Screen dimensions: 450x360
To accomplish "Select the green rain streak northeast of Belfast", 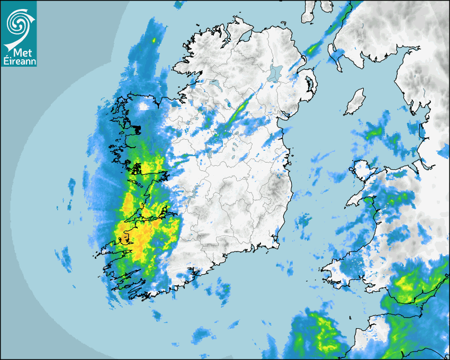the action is click(x=314, y=49).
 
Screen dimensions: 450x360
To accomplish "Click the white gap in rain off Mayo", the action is click(x=143, y=106).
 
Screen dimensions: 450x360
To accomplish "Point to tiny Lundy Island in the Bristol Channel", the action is click(x=351, y=316).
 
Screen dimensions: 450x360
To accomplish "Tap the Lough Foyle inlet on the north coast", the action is click(x=245, y=37).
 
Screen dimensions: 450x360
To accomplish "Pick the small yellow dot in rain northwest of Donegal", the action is click(x=154, y=40).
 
